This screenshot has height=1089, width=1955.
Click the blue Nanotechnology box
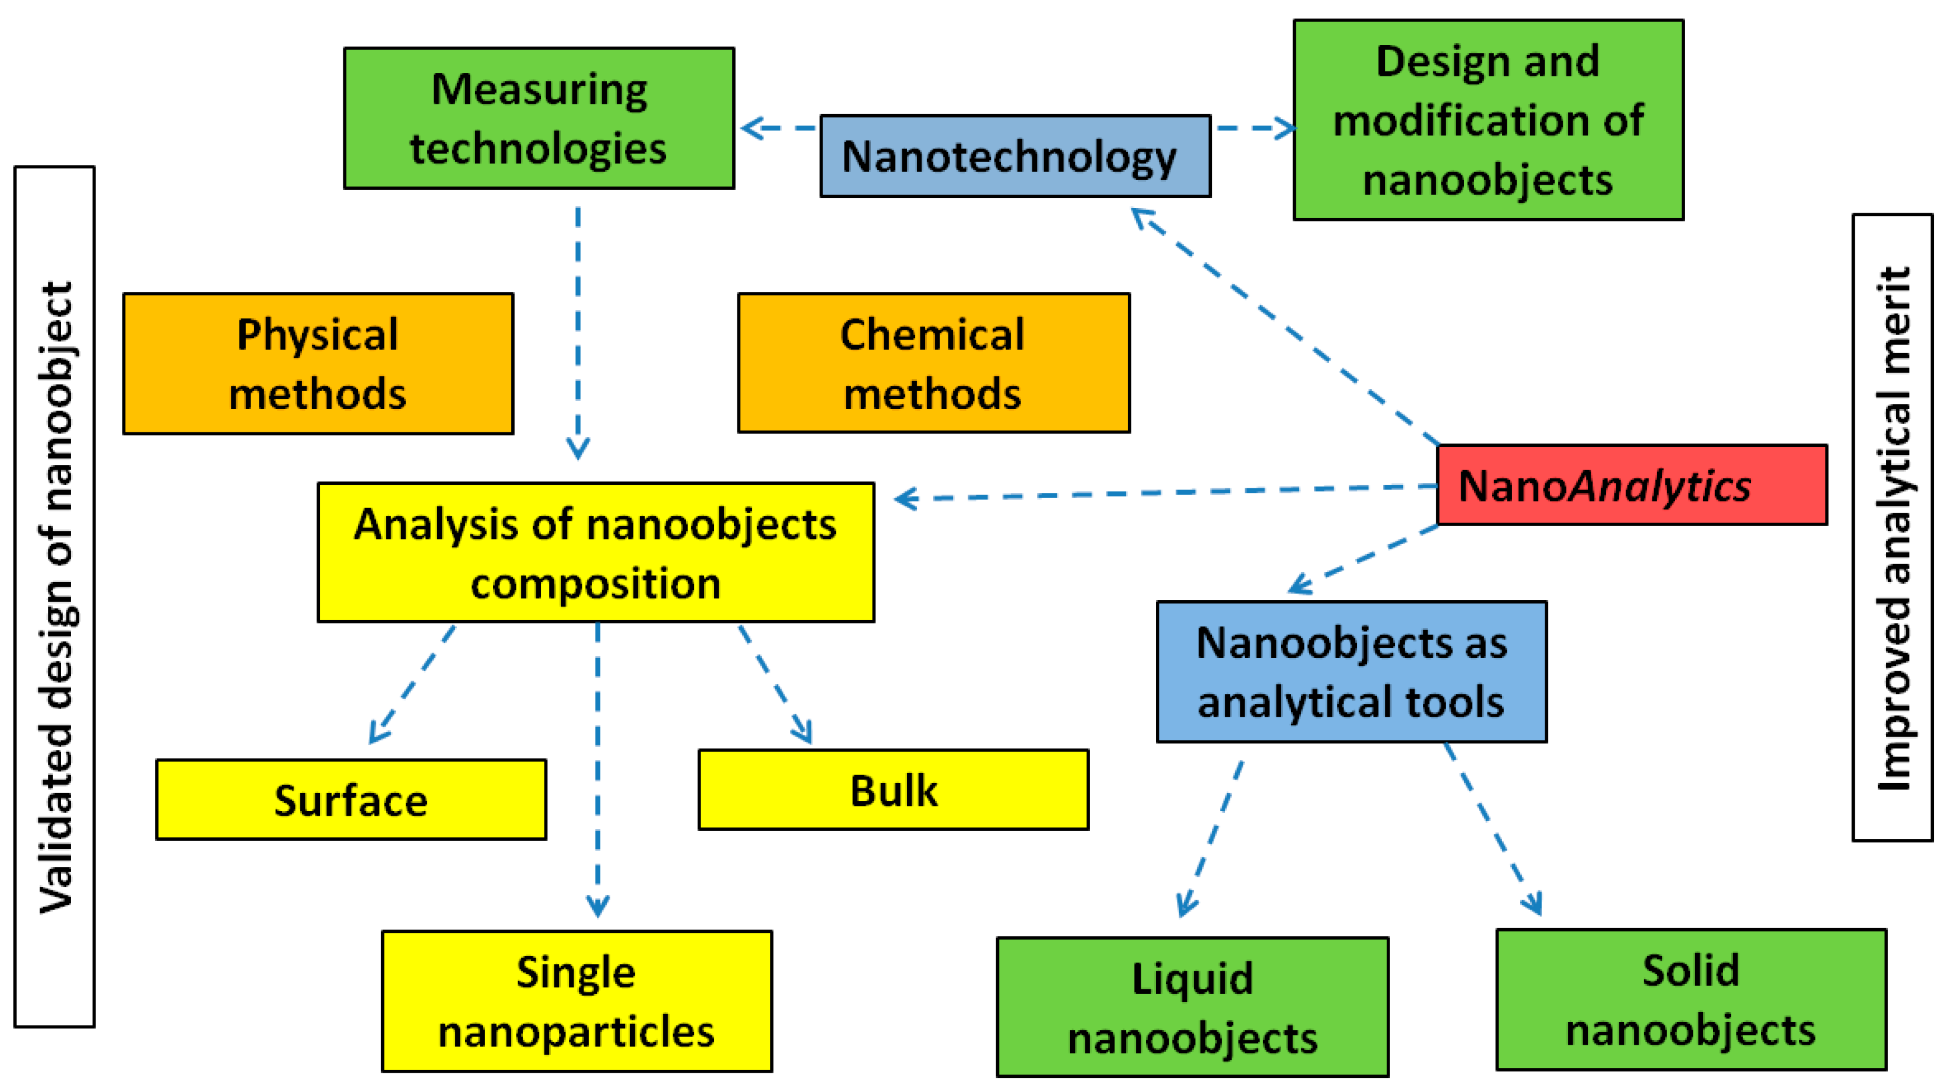[x=1015, y=156]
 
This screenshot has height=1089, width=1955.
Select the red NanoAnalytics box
[x=1631, y=485]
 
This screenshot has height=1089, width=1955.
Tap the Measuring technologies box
[x=539, y=118]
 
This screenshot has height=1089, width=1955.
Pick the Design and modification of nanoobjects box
[x=1488, y=120]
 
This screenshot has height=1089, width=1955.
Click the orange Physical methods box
[x=318, y=364]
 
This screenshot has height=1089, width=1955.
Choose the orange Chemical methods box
[x=933, y=363]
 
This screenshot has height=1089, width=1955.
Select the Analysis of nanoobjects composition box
[x=596, y=552]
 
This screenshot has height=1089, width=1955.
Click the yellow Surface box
[x=351, y=800]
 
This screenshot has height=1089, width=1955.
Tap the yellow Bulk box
[x=893, y=790]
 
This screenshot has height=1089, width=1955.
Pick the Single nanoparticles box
[x=577, y=1001]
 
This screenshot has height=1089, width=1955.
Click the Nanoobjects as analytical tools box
[x=1351, y=672]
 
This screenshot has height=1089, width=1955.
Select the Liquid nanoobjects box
[x=1192, y=1007]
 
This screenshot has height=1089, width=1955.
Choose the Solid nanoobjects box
[x=1691, y=999]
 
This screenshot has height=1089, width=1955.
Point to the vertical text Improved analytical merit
[x=1892, y=527]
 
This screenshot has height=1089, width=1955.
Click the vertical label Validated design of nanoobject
[x=55, y=597]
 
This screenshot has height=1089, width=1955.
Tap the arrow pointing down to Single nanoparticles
[x=598, y=766]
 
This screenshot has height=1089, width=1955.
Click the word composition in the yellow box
[x=596, y=584]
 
